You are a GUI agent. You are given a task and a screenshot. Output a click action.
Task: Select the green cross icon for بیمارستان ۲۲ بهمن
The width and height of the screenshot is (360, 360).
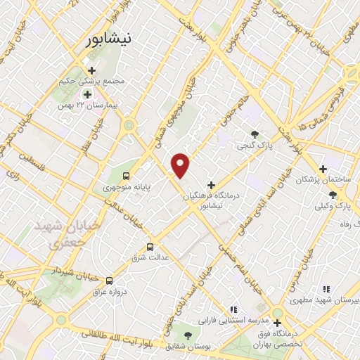87,94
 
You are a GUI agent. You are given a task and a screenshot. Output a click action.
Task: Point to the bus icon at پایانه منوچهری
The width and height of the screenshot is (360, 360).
126,176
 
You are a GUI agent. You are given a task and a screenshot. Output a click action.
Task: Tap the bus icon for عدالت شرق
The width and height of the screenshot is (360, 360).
149,247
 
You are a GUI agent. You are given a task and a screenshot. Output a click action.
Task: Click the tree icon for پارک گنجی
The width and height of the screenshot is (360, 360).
255,134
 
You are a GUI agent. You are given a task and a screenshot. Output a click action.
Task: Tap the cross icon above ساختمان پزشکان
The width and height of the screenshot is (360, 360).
323,169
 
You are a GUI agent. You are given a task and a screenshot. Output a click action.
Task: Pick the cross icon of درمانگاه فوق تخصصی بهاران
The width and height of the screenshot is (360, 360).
278,323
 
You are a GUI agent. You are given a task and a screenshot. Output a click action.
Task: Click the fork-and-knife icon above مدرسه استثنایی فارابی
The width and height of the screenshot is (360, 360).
233,309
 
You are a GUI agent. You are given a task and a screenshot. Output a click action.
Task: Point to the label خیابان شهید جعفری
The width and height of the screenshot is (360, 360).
59,236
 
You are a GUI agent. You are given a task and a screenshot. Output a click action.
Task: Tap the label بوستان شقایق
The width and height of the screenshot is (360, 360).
178,347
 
